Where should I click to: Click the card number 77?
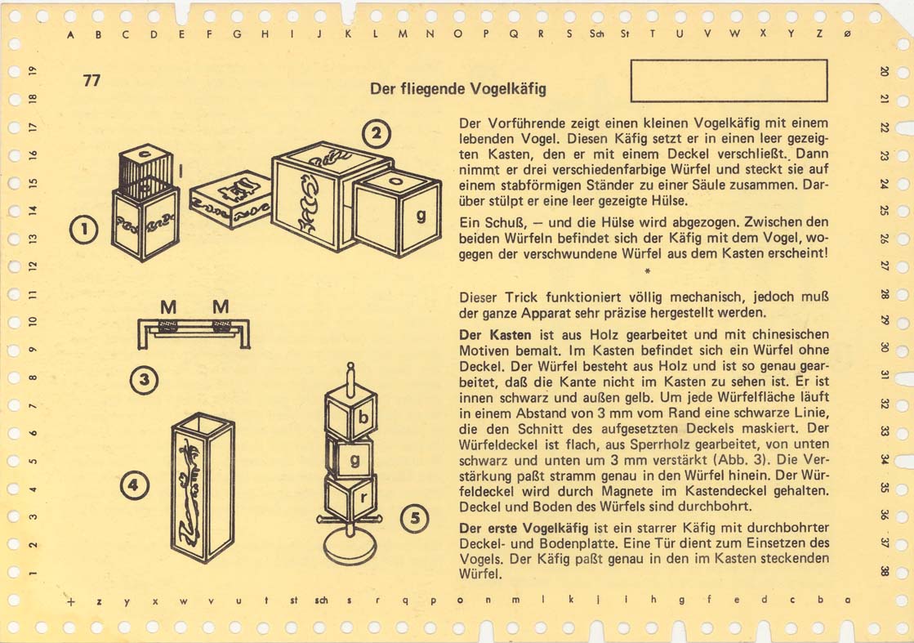tap(91, 80)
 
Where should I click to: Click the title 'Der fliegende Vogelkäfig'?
tap(458, 88)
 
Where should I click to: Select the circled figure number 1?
tap(84, 229)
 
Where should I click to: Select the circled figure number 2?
tap(377, 134)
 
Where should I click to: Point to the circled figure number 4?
tap(134, 485)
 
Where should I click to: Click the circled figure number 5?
tap(414, 518)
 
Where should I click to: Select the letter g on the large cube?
tap(421, 216)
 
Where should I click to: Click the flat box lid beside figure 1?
tap(231, 199)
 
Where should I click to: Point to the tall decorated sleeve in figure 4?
tap(203, 487)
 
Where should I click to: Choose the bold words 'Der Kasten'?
tap(496, 335)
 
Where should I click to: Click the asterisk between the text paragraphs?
tap(647, 271)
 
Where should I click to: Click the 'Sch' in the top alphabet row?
tap(595, 33)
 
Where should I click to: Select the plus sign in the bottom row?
tap(71, 601)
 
